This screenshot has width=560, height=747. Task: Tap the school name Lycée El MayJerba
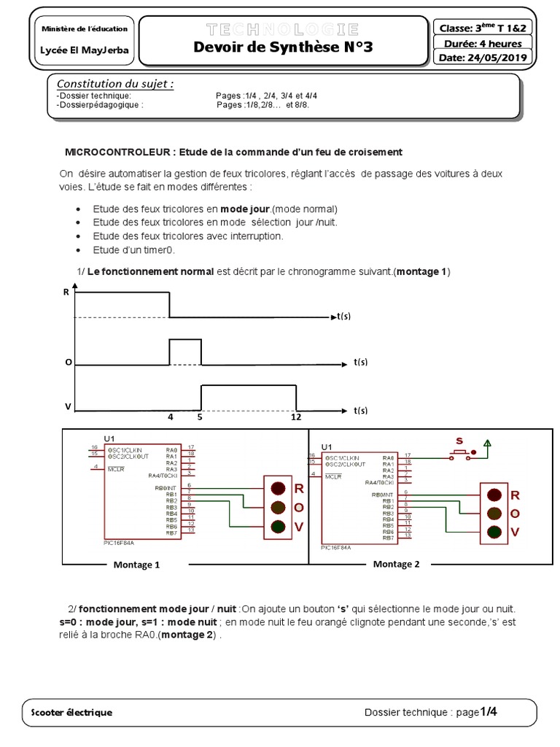coord(85,51)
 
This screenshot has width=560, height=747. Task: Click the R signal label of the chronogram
coord(66,291)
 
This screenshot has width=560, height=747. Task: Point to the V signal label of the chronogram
coord(67,406)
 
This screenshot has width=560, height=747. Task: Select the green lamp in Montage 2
coord(494,533)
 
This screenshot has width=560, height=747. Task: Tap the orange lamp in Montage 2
coord(494,514)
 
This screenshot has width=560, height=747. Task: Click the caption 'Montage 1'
coord(136,565)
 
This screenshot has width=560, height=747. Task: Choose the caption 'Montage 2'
coord(396,564)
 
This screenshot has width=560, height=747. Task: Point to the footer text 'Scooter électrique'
coord(72,712)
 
